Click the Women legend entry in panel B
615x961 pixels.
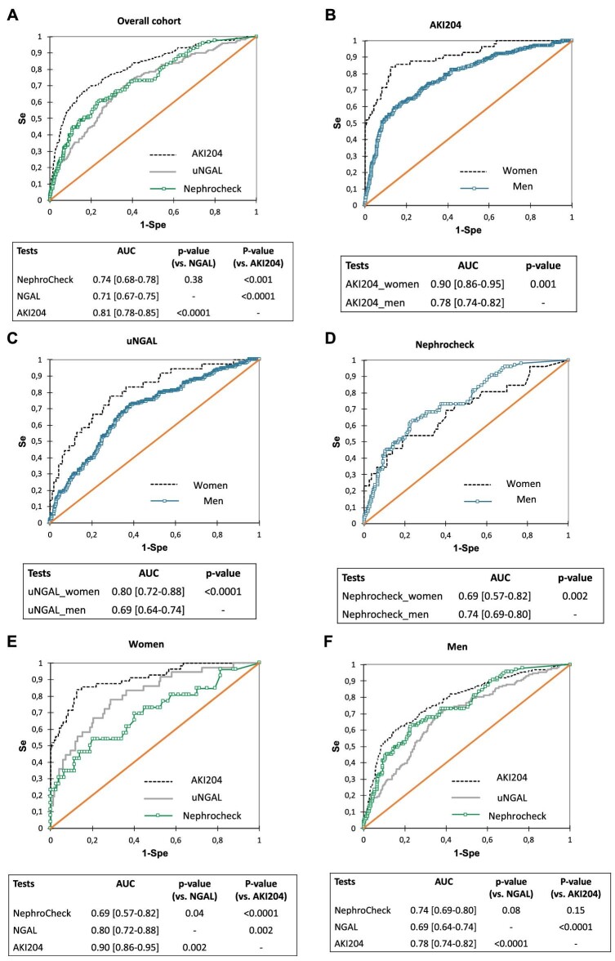(495, 172)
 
